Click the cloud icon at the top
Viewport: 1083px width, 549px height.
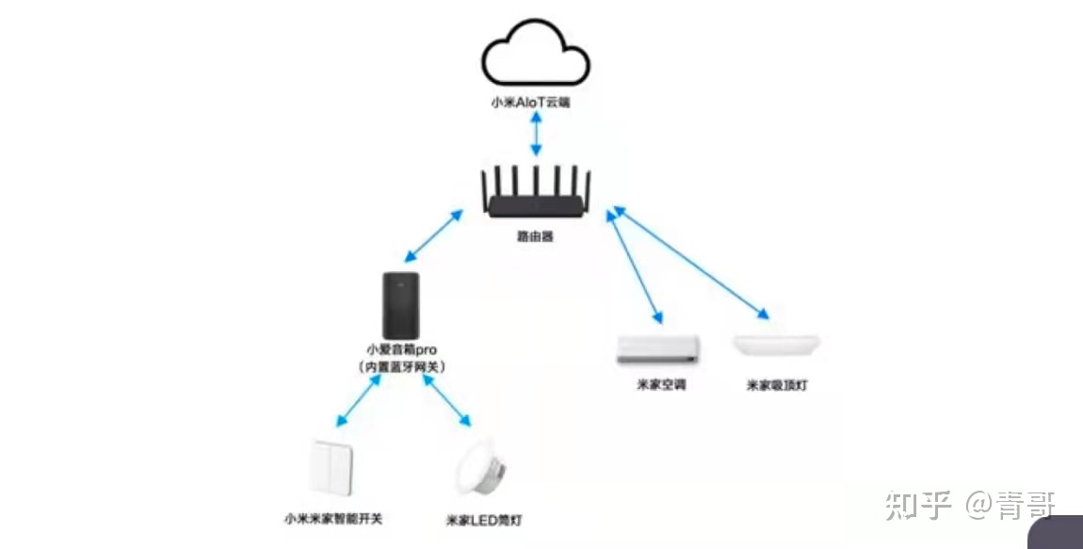point(536,57)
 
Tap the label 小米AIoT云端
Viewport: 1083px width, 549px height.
point(536,101)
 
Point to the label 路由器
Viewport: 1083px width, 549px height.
point(535,236)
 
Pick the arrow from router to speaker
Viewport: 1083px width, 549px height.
point(434,236)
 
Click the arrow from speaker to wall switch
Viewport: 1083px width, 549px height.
point(357,400)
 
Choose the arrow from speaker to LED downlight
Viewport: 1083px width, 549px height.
point(446,400)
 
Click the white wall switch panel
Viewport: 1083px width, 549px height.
point(331,468)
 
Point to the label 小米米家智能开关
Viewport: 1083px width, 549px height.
point(333,518)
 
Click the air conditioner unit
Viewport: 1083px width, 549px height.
point(659,349)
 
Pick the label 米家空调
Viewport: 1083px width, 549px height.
point(661,385)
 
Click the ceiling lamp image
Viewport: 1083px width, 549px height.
point(777,345)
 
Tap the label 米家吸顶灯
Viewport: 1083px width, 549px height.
point(779,385)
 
